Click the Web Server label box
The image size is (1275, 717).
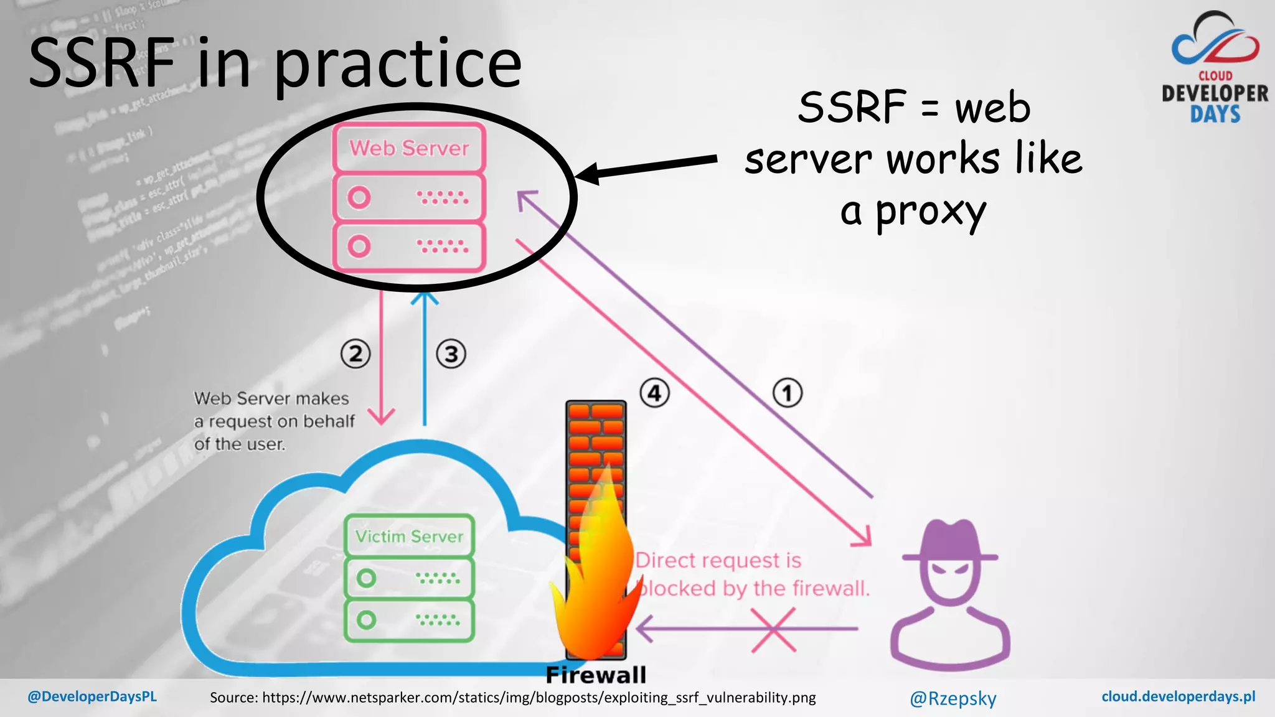pos(409,148)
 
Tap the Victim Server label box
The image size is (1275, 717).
pos(409,536)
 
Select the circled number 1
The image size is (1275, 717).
pos(788,393)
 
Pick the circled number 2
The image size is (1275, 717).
pos(355,354)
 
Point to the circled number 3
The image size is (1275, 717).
pos(451,354)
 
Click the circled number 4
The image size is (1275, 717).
pos(654,393)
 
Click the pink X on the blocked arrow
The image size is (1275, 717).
pos(773,630)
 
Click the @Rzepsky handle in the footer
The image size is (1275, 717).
pos(953,698)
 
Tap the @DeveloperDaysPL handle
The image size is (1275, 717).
pos(92,696)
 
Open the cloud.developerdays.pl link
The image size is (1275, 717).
pos(1178,696)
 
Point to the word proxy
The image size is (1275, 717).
pos(931,212)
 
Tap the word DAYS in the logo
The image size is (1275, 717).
pos(1215,115)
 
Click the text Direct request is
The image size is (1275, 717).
pos(718,560)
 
